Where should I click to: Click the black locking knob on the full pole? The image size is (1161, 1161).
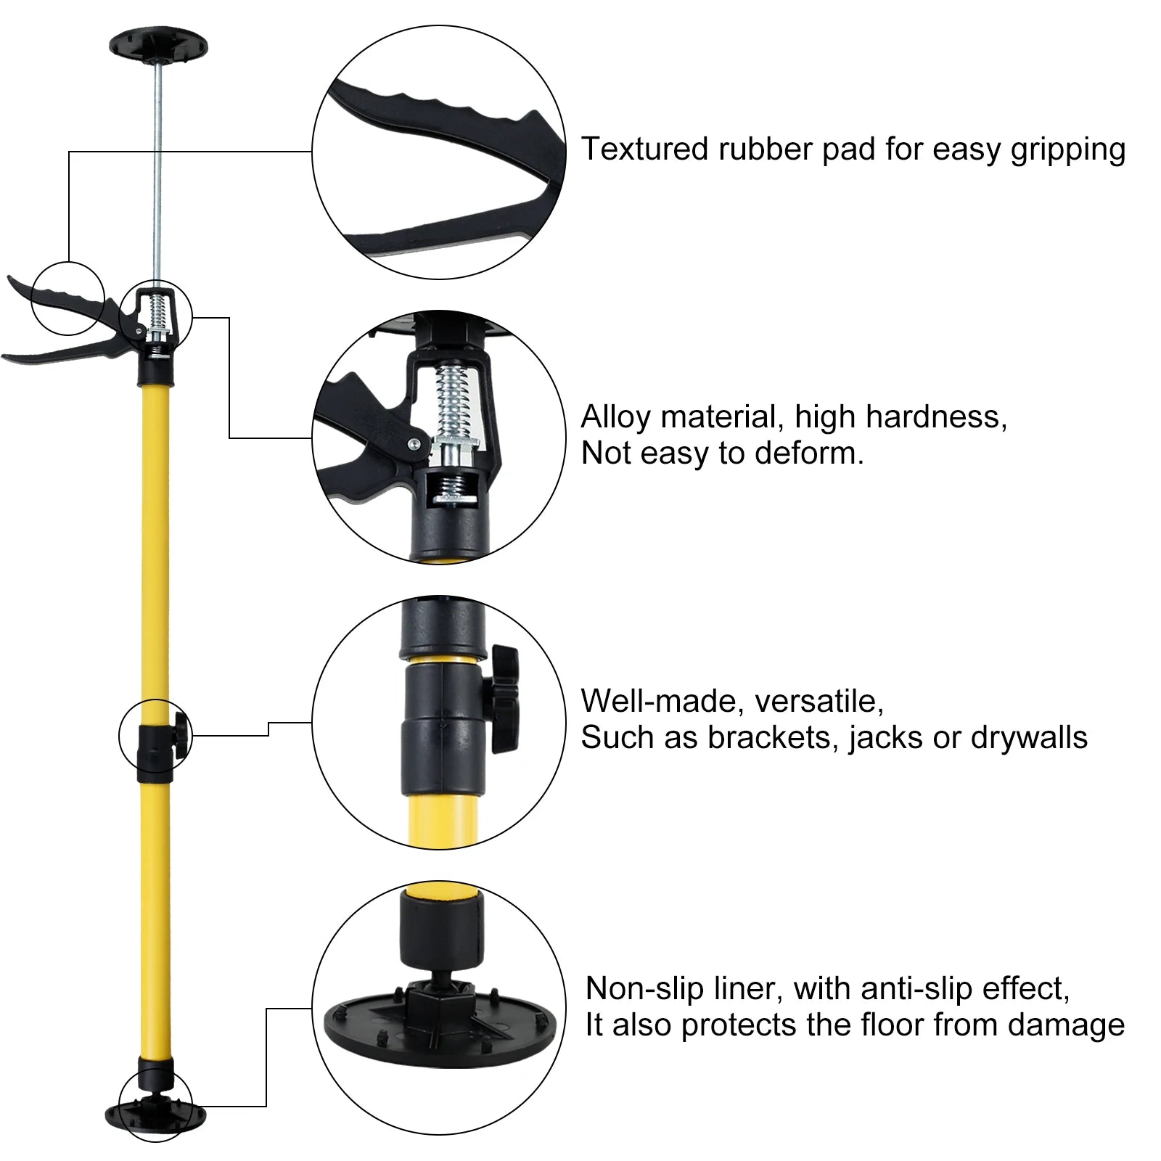point(181,737)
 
